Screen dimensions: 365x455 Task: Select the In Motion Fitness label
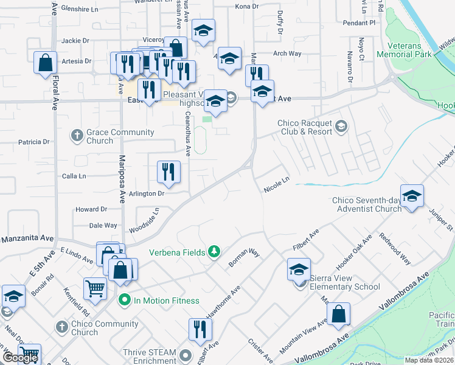pos(167,301)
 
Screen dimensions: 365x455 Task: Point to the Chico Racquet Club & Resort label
pos(305,127)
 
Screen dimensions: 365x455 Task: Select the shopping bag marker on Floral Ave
pos(46,63)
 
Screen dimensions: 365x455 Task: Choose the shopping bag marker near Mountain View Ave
pos(338,315)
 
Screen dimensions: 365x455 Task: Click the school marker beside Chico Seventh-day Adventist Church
pos(412,196)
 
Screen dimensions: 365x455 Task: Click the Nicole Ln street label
pos(277,185)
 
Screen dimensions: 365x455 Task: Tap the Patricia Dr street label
pos(33,142)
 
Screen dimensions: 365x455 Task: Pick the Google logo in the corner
pos(20,358)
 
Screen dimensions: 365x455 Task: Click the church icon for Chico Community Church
pos(61,327)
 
